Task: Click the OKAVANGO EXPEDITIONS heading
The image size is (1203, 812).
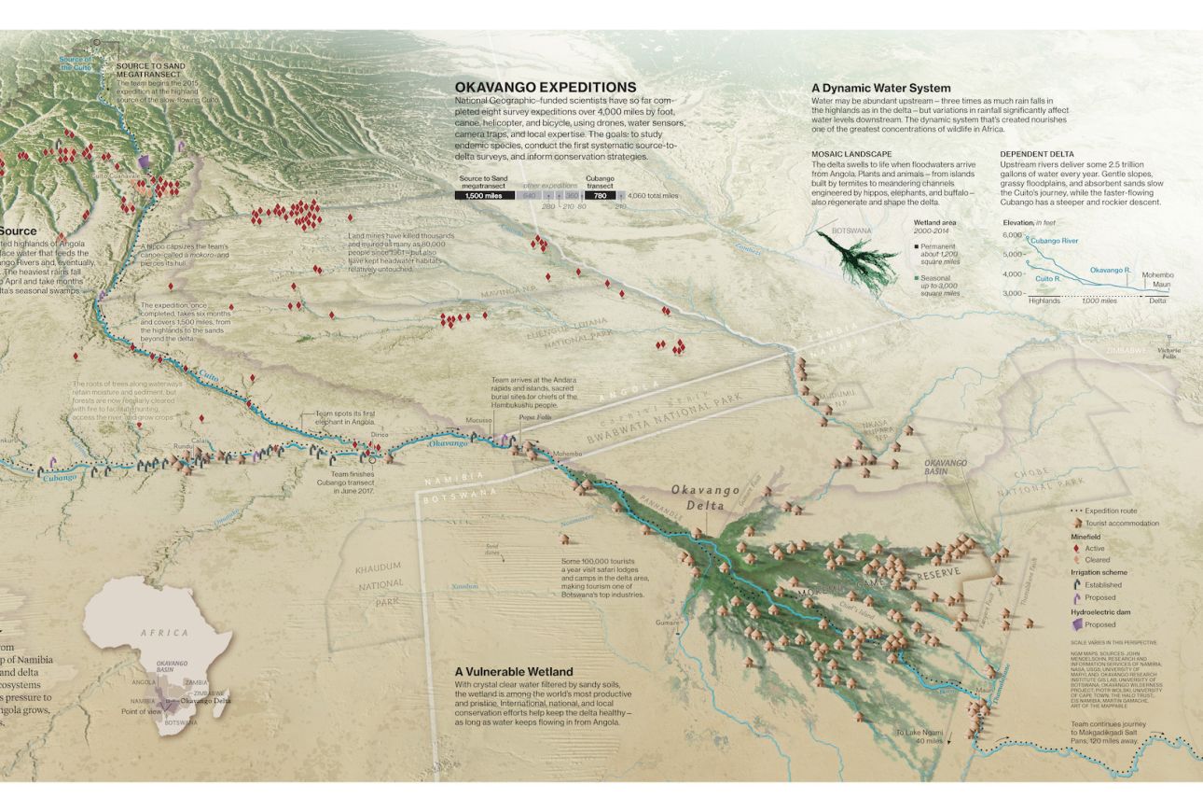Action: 546,88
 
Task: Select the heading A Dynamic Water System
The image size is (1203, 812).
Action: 880,89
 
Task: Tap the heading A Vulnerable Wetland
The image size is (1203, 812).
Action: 514,671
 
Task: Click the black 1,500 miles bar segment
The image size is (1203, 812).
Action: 484,196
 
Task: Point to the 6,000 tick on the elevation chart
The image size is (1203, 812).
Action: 1014,235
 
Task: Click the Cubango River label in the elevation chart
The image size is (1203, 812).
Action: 1057,241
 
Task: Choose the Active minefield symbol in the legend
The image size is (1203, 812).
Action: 1077,549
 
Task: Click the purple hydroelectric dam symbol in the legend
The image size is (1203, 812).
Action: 1077,624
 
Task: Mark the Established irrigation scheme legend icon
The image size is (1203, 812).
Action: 1077,585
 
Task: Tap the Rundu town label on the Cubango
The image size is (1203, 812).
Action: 182,447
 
